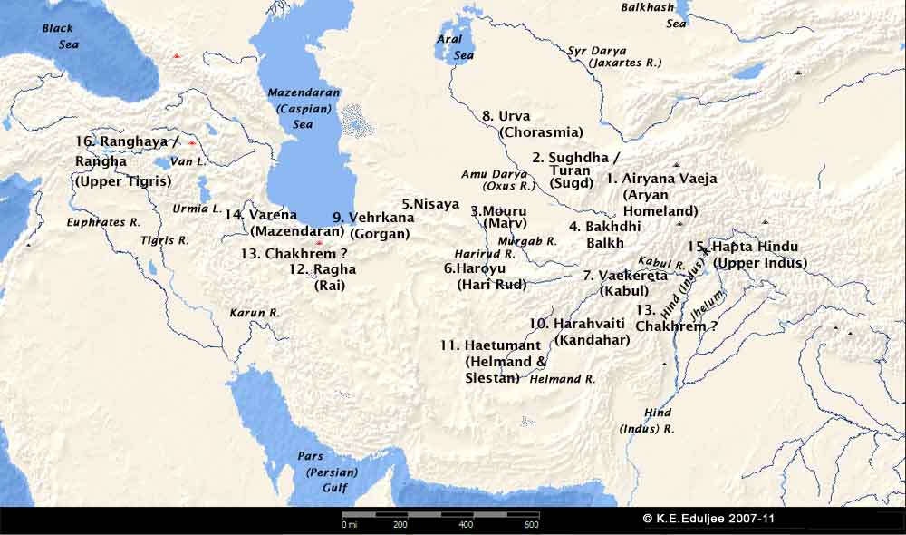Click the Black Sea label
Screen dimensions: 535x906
coord(60,36)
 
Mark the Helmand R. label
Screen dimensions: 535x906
coord(561,379)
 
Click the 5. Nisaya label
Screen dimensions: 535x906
coord(431,204)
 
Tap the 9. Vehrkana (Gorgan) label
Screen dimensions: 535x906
coord(373,225)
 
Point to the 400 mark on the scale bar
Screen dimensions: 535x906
coord(466,524)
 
